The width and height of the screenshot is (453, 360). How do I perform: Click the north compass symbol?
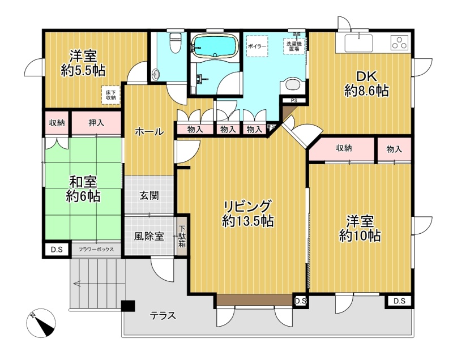coord(41,323)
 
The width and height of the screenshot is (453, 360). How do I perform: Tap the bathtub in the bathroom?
coord(214,46)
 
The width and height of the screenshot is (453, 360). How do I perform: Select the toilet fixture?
coord(175,42)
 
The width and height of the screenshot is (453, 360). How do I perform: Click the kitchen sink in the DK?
coord(358,42)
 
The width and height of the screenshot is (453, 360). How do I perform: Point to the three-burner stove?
coord(400,42)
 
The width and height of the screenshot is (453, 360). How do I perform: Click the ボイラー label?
coord(257,46)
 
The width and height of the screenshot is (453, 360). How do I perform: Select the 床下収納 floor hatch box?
coord(110,95)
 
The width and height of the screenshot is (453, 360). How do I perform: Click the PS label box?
coord(294,100)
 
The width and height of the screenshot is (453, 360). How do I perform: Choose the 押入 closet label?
coord(96,123)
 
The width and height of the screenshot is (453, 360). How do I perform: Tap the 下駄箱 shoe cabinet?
coord(182,236)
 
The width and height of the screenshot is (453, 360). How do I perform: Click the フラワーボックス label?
coord(96,249)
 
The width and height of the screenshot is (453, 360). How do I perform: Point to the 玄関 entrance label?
coord(149,195)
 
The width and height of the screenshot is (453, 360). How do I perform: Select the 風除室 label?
coord(149,236)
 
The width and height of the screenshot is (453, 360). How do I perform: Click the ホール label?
coord(149,132)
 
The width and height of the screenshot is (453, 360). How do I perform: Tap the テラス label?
coord(163,315)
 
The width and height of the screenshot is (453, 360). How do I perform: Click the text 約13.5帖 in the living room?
coord(248,221)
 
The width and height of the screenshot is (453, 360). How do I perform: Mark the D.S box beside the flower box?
coord(57,249)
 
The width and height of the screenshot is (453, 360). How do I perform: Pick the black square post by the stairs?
coord(128,306)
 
